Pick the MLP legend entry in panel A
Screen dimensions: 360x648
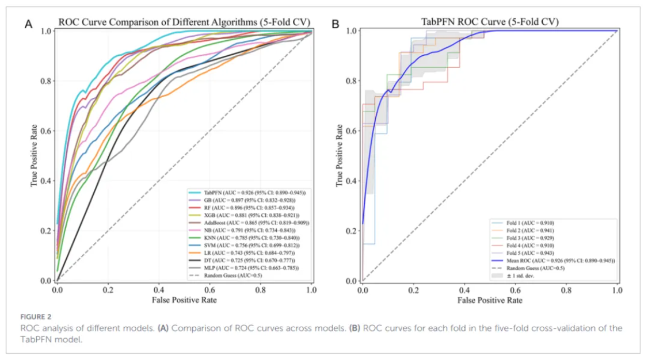coord(247,268)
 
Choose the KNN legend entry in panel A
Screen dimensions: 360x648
coord(247,237)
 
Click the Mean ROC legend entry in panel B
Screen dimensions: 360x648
coord(552,260)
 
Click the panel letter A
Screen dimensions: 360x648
coord(28,24)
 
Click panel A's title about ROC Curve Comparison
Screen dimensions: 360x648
coord(184,22)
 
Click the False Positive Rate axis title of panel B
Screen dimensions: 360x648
coord(490,300)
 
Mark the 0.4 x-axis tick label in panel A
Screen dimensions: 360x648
coord(159,291)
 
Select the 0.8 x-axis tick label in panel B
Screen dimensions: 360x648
coord(566,291)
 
